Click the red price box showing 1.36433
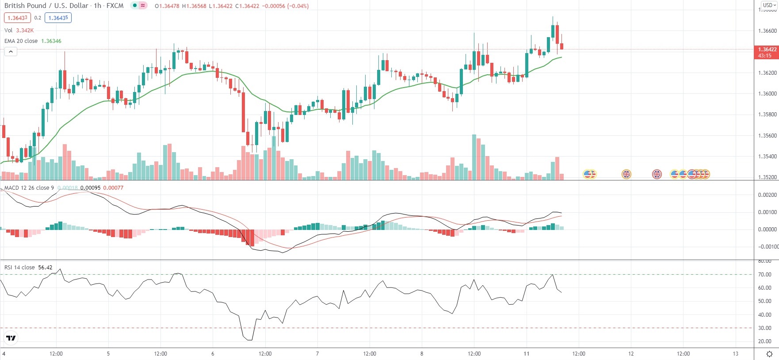(17, 18)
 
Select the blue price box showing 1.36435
(58, 18)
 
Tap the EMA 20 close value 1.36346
(51, 41)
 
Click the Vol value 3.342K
(25, 31)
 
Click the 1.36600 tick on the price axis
(767, 31)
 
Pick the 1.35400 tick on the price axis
(767, 157)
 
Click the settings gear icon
(769, 354)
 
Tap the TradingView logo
(11, 338)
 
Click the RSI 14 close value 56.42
(45, 268)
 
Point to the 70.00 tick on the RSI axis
(764, 275)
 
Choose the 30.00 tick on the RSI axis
(764, 328)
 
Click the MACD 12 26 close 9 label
(29, 188)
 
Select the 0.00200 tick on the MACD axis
(767, 195)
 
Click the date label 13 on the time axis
(735, 354)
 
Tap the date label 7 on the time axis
(317, 354)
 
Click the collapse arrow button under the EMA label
(11, 52)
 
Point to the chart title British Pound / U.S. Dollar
(47, 6)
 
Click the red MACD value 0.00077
(113, 188)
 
